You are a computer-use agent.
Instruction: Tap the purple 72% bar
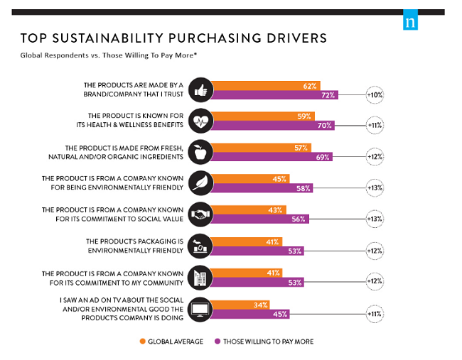coord(274,94)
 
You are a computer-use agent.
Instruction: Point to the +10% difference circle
coord(374,94)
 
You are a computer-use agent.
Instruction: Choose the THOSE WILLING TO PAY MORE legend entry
coord(264,343)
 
